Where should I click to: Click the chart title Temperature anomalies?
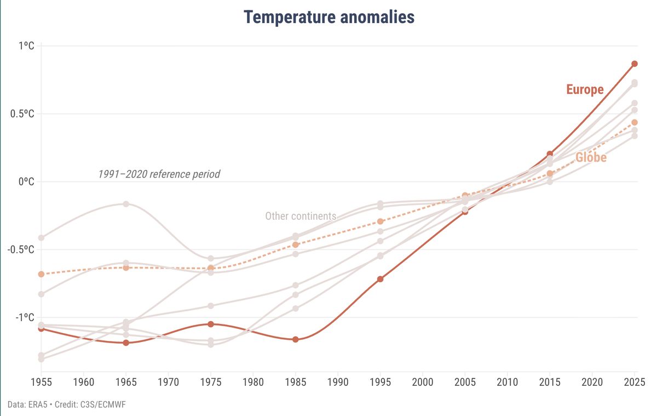click(329, 17)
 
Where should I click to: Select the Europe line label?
click(585, 89)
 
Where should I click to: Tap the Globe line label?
click(591, 158)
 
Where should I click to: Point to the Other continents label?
click(301, 216)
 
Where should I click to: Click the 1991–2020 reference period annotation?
click(159, 174)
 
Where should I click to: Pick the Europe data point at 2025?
click(635, 64)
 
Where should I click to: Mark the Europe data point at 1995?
click(380, 279)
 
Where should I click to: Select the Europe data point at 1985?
click(296, 339)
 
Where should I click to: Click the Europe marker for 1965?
click(126, 343)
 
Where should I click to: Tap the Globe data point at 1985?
click(296, 244)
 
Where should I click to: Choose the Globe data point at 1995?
click(380, 221)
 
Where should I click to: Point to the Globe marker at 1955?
click(41, 273)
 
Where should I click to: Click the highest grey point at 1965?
click(126, 204)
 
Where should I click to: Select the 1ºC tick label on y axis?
click(26, 46)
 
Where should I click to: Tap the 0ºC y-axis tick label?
click(26, 181)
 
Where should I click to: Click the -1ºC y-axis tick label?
click(25, 317)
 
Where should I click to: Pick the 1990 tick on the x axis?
click(338, 380)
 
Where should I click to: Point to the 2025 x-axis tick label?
click(635, 380)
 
